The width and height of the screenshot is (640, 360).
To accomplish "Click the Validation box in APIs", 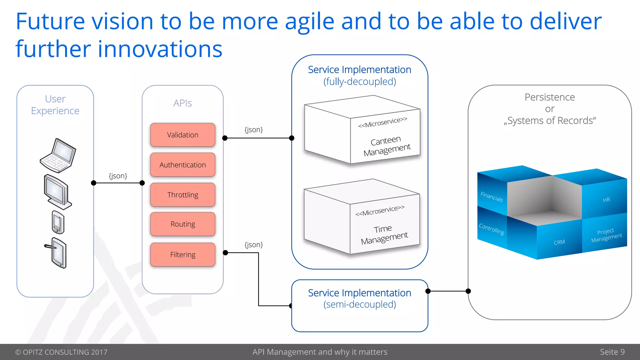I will (182, 135).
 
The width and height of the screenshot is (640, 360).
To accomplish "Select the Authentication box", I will (182, 165).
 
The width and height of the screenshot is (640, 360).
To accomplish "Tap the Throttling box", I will (182, 195).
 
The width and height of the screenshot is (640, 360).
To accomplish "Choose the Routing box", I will (182, 224).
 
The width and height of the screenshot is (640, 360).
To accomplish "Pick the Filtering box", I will (182, 254).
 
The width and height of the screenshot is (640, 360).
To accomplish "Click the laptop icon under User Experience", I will (58, 155).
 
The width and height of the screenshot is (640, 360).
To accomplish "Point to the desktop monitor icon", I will (57, 192).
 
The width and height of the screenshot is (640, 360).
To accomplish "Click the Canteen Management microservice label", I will (387, 146).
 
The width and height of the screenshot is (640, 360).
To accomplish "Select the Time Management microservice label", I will (384, 234).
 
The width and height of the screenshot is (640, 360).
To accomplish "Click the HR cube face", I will (606, 200).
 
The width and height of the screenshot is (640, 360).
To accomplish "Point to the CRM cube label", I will (559, 242).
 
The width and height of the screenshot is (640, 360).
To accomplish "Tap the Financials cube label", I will (492, 197).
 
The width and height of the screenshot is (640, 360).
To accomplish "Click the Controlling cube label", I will (492, 229).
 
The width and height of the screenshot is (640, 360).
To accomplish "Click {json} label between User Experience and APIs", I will (118, 176).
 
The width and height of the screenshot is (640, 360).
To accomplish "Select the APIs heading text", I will (182, 103).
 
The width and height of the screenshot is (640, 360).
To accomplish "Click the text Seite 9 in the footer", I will (612, 352).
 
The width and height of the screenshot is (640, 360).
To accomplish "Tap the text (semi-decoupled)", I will (359, 304).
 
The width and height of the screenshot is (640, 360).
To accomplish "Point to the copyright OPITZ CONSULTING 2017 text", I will (61, 352).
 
